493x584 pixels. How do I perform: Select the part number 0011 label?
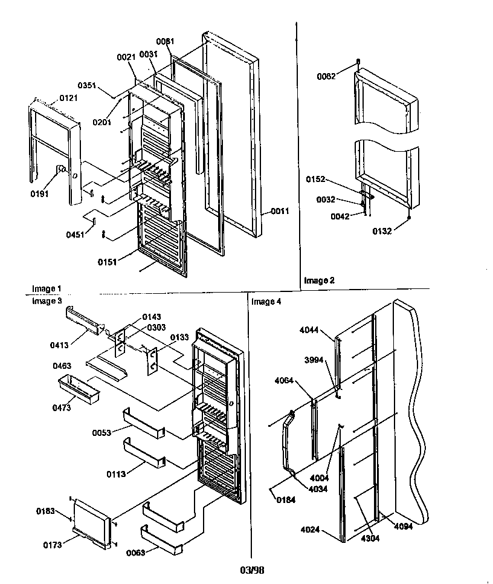click(x=280, y=211)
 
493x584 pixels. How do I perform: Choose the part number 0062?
click(x=327, y=76)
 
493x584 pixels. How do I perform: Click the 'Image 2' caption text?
click(x=318, y=280)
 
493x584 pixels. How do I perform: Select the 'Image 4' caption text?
click(x=265, y=300)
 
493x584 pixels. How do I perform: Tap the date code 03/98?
click(x=251, y=569)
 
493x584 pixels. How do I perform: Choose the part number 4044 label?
click(x=309, y=331)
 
